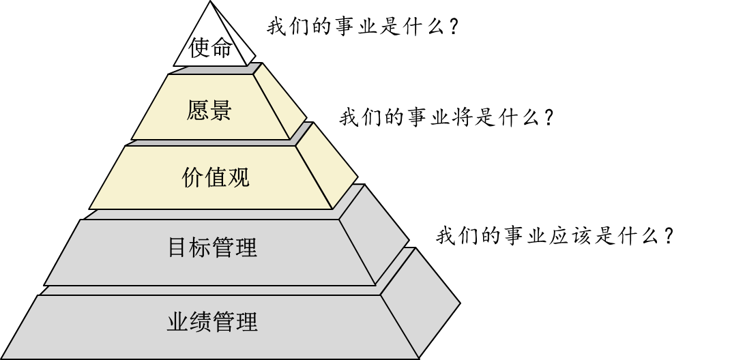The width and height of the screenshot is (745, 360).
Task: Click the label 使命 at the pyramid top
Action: pyautogui.click(x=211, y=48)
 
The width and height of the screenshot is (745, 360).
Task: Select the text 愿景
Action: pyautogui.click(x=209, y=110)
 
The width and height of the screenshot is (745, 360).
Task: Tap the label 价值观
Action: pyautogui.click(x=216, y=177)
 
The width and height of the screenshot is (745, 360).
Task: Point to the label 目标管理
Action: pyautogui.click(x=212, y=247)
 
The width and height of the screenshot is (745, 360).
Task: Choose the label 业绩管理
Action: pyautogui.click(x=212, y=322)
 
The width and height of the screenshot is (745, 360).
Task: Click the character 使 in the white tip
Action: pyautogui.click(x=200, y=48)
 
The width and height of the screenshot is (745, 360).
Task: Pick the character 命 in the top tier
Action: pyautogui.click(x=223, y=48)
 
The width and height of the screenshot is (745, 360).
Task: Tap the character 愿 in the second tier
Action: pyautogui.click(x=198, y=110)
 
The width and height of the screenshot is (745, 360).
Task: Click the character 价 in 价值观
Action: pyautogui.click(x=193, y=177)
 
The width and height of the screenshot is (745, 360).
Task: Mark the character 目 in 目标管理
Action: pyautogui.click(x=178, y=247)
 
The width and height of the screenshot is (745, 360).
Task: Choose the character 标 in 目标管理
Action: pyautogui.click(x=201, y=247)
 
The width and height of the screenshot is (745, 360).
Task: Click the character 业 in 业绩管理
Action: pyautogui.click(x=178, y=322)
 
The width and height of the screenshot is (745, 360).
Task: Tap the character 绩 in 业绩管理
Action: pyautogui.click(x=201, y=322)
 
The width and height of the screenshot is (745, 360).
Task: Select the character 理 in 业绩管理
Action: pyautogui.click(x=246, y=322)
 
